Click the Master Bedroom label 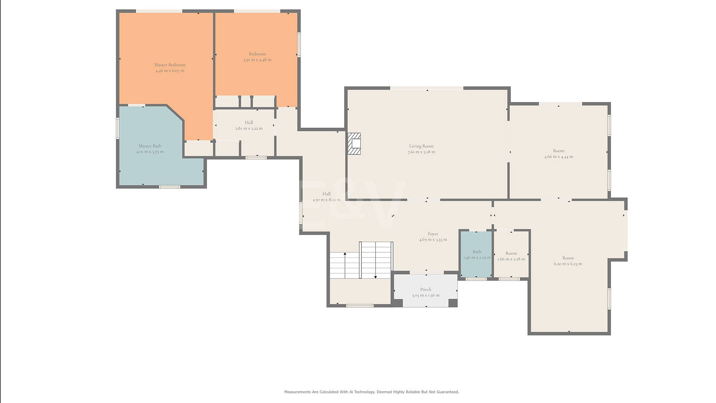pos(170,65)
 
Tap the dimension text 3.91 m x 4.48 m pos(257,60)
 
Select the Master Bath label pos(150,146)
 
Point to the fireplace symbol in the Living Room pos(354,144)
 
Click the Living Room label pos(421,146)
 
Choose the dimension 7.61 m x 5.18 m pos(421,152)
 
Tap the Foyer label pos(433,234)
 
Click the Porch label pos(425,289)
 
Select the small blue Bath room pos(477,254)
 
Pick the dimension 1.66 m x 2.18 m pos(511,259)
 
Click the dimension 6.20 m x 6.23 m pos(568,264)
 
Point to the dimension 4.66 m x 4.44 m pos(559,157)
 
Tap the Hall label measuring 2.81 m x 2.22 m pos(249,122)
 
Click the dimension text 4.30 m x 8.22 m pos(327,200)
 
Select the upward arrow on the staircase pos(345,265)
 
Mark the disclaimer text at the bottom pos(371,392)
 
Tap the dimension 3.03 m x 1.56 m pos(425,295)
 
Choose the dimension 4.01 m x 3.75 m pos(150,152)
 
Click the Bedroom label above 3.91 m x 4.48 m pos(257,54)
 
